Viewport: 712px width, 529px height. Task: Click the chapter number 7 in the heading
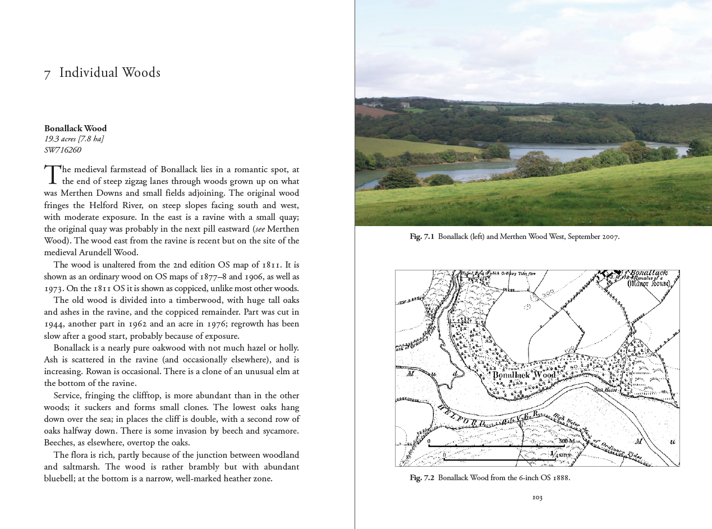47,74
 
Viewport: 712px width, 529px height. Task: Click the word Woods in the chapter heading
141,73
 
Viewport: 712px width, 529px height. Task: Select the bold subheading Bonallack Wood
75,128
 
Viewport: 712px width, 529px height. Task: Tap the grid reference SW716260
63,150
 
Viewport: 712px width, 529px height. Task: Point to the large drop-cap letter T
52,174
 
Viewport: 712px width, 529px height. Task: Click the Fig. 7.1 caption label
422,237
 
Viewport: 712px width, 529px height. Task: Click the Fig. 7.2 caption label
422,478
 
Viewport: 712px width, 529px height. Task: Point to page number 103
537,497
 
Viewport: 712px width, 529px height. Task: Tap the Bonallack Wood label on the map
524,375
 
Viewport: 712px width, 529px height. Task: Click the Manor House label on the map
649,283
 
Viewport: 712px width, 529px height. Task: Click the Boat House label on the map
607,390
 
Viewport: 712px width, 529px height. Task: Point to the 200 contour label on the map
548,292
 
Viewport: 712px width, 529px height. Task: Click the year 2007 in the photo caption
609,237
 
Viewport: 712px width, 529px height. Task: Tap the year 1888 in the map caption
561,478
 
